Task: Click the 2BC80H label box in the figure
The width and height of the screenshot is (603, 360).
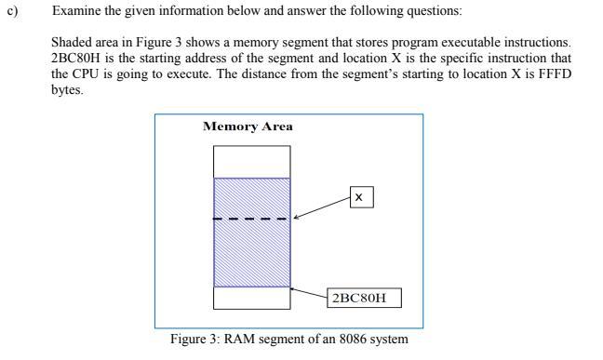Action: [365, 298]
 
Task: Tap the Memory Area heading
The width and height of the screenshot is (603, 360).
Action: [248, 127]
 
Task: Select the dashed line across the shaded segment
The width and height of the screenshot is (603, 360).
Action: [251, 220]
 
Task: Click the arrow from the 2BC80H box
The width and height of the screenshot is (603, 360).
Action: [309, 293]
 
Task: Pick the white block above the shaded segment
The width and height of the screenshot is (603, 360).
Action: [251, 162]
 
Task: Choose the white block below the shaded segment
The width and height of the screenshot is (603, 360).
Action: [251, 298]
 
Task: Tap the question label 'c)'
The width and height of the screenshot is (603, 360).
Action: [12, 11]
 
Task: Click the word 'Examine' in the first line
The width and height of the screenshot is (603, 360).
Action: [77, 11]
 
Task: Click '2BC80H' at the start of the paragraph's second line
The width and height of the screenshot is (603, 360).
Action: [76, 59]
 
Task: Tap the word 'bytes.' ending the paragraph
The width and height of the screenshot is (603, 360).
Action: [68, 89]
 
